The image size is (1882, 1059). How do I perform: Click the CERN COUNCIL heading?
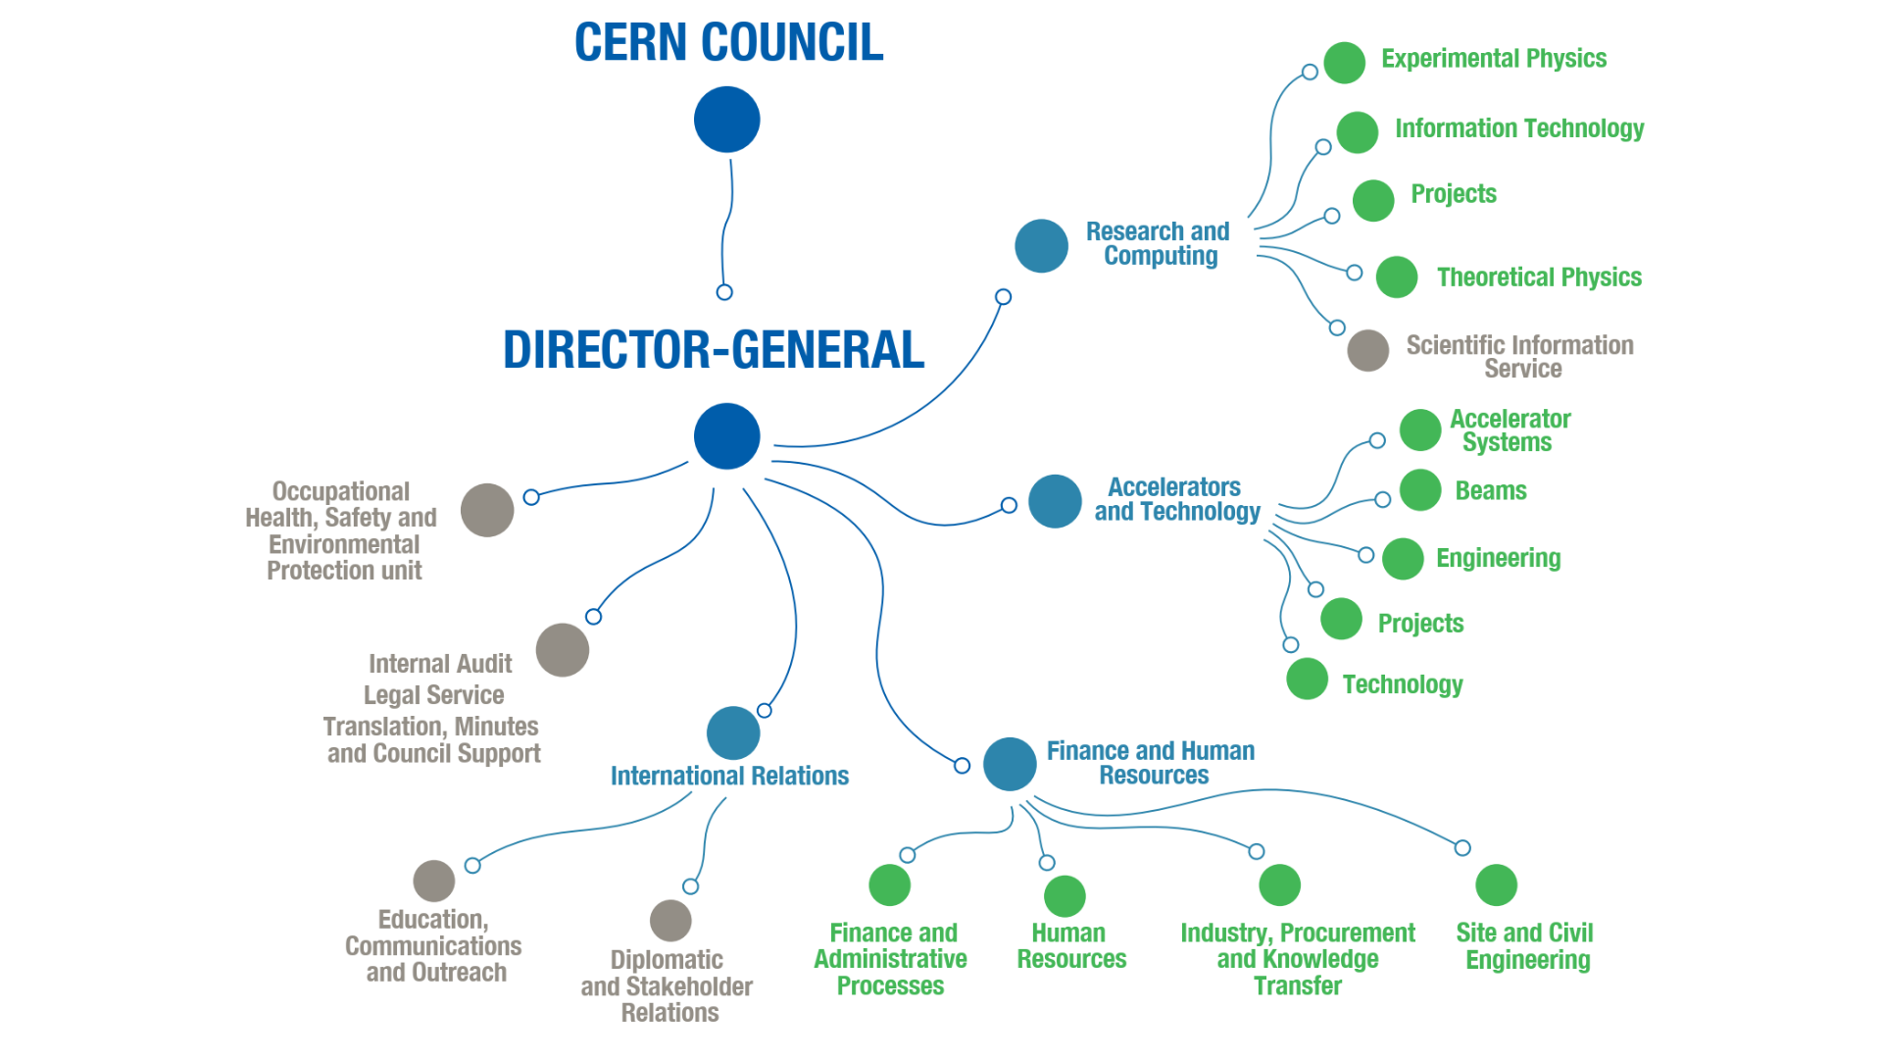(728, 43)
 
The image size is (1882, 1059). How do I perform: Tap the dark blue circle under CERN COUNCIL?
(726, 120)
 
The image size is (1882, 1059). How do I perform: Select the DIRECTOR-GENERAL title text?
(713, 350)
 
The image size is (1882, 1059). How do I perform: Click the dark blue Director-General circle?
(726, 436)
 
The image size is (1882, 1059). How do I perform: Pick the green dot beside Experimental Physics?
(1344, 63)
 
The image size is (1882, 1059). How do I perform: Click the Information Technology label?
(1518, 128)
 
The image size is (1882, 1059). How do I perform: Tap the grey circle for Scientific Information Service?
(1367, 350)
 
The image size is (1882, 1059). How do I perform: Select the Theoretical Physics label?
(1538, 277)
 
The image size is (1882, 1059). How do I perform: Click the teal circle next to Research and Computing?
(1041, 246)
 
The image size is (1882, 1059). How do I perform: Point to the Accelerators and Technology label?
(1176, 499)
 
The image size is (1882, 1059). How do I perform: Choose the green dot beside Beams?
(1419, 490)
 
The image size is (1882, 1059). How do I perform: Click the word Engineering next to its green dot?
(1498, 558)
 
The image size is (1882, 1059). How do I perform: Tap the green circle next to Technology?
(1307, 679)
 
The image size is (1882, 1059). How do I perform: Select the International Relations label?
(729, 776)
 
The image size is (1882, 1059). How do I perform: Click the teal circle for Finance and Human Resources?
(1010, 764)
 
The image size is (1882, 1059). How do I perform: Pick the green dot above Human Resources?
(1065, 895)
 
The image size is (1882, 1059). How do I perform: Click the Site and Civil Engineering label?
(1525, 946)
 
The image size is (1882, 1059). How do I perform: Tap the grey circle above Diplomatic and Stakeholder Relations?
(670, 921)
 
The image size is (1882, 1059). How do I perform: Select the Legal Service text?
(433, 695)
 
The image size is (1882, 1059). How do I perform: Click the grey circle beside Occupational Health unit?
(487, 510)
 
